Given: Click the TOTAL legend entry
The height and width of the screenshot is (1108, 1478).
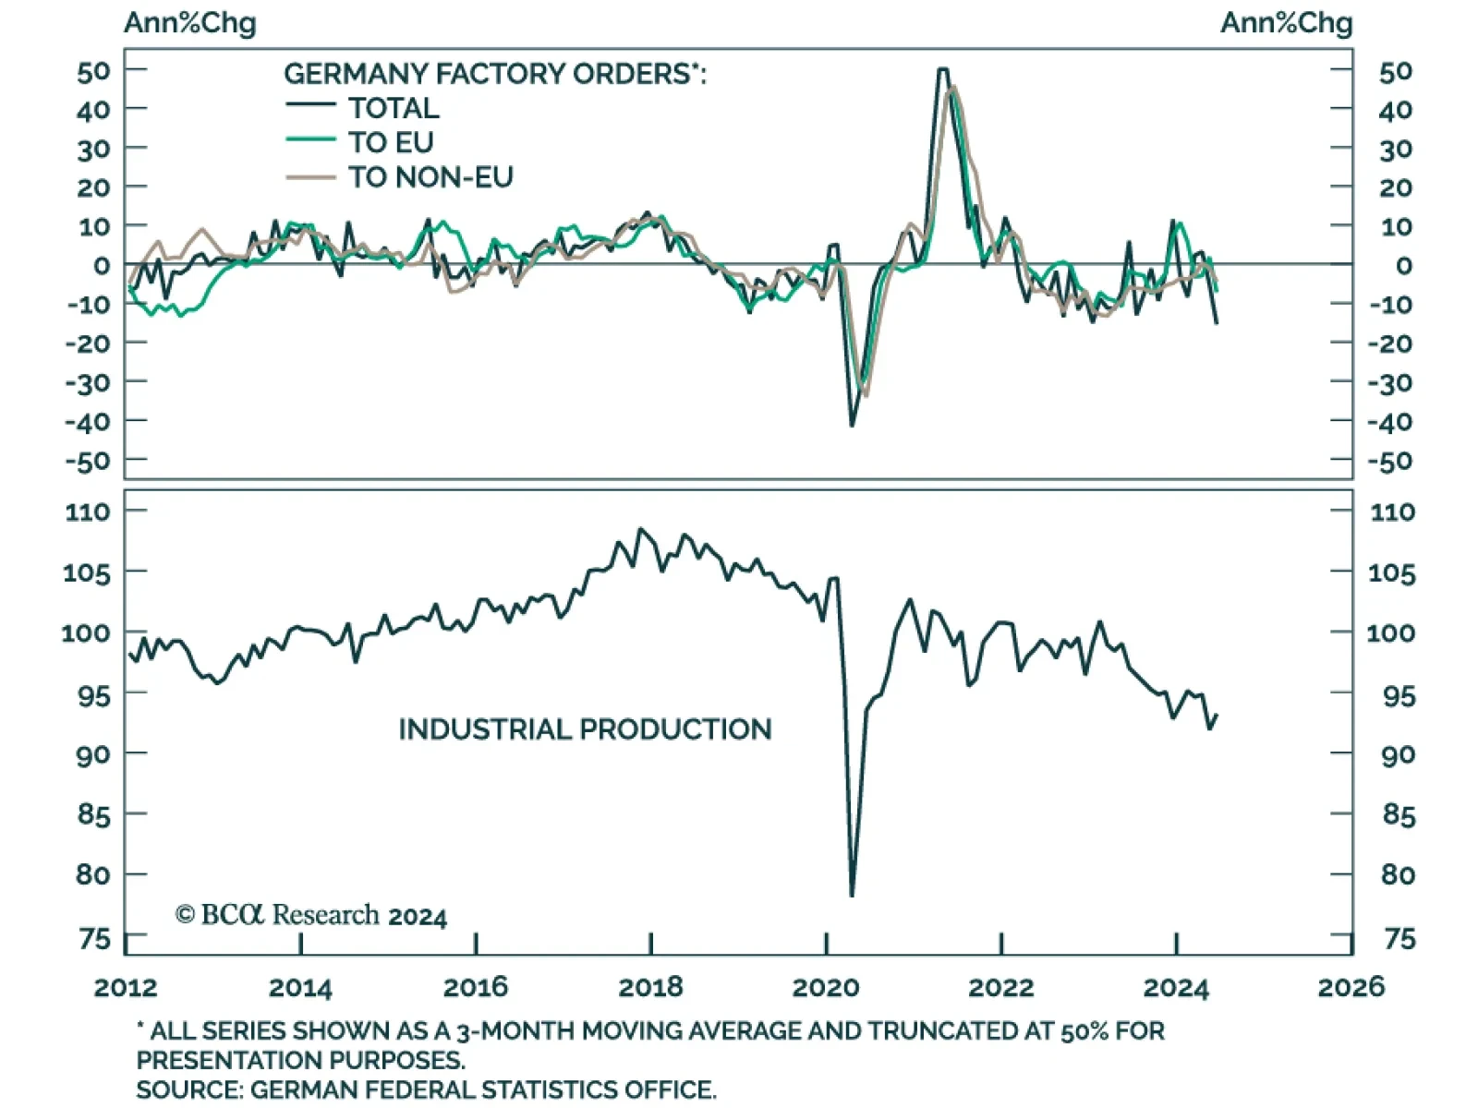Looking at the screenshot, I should pos(394,108).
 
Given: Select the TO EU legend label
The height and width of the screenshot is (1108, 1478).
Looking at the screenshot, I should pos(391,142).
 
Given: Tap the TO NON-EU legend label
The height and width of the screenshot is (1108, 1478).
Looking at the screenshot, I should pos(430,176).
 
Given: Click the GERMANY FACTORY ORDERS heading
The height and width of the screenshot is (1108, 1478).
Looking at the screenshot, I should pos(494,74).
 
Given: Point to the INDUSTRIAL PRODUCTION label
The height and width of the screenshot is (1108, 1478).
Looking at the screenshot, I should pos(585,729).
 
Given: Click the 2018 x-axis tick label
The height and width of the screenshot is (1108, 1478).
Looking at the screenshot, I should pos(650,987).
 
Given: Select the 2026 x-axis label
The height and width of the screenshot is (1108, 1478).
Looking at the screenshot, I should pos(1351,987).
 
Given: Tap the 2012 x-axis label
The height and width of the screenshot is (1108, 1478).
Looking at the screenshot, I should pos(126,987).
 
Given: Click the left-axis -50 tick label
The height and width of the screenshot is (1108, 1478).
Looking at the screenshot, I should pos(88,460).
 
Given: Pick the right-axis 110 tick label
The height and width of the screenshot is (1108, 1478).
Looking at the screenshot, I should pos(1392,512).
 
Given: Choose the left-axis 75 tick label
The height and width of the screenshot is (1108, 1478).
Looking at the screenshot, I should pos(93,939).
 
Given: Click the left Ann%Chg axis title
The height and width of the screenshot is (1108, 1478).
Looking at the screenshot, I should pos(190,23).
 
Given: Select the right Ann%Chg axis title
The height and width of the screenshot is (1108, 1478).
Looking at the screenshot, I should pos(1286,23).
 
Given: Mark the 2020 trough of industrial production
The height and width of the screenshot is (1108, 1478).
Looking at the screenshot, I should pos(852,894).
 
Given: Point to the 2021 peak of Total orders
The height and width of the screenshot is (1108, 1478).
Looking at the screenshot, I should pos(942,69).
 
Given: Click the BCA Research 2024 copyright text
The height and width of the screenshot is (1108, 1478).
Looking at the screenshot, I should pos(311,915).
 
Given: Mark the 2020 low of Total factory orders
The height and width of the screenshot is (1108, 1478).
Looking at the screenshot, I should pos(852,425).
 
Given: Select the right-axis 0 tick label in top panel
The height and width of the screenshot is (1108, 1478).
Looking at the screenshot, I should pos(1403,266).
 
